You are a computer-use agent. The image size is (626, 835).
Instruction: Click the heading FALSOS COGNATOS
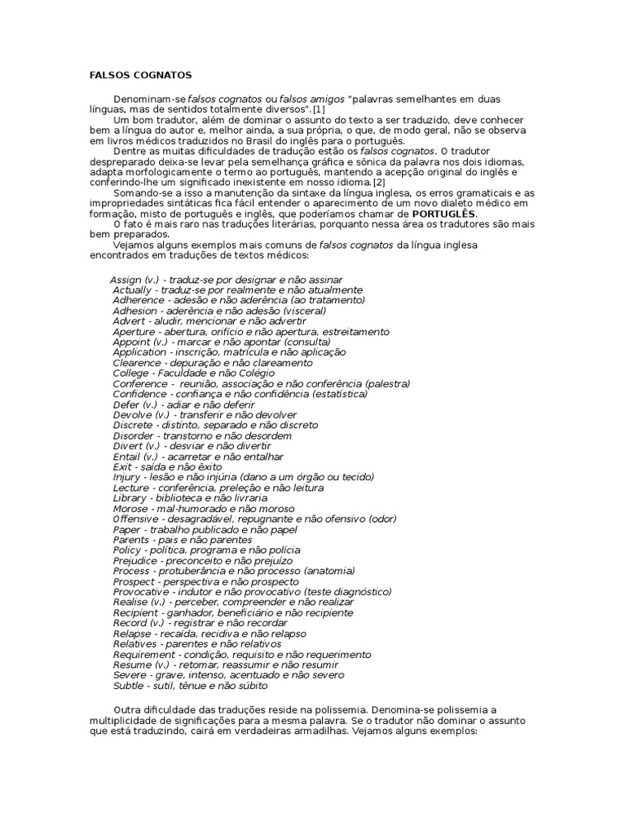pos(140,75)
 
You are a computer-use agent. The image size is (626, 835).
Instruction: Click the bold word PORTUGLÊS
pos(447,214)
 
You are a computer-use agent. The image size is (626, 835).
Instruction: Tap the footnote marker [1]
pos(317,108)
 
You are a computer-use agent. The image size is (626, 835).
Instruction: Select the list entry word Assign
pos(126,280)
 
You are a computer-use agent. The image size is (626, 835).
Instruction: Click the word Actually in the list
pos(131,290)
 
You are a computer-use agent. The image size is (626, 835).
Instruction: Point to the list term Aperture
pos(134,332)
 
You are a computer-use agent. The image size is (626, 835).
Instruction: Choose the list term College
pos(130,373)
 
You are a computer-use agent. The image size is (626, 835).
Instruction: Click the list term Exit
pos(122,466)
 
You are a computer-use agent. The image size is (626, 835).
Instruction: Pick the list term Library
pos(130,497)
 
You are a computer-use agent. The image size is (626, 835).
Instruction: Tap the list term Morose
pos(130,508)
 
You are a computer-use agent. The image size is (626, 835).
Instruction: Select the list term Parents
pos(131,540)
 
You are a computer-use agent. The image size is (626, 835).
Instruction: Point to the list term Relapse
pos(132,633)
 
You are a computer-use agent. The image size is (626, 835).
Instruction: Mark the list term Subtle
pos(129,685)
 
